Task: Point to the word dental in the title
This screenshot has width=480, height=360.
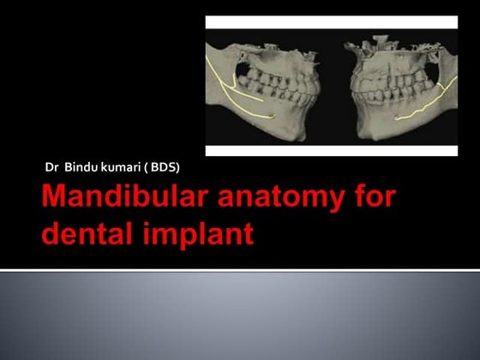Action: [x=87, y=233]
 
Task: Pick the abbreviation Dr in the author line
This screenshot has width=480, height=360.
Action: [x=51, y=165]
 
